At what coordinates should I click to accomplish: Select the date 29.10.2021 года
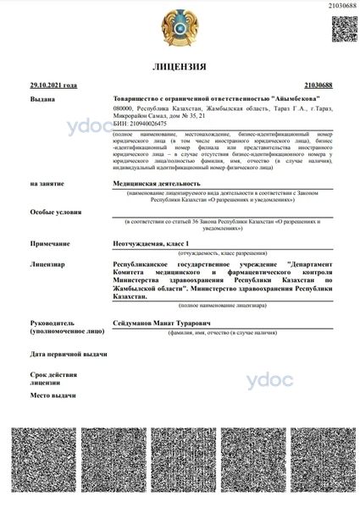(x=53, y=86)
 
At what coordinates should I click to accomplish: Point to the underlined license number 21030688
(x=317, y=86)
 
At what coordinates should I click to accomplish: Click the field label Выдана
(x=42, y=99)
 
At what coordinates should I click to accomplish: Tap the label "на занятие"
(x=46, y=183)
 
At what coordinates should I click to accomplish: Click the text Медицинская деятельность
(x=157, y=183)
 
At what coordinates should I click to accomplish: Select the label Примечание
(x=49, y=243)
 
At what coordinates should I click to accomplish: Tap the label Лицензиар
(x=48, y=264)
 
